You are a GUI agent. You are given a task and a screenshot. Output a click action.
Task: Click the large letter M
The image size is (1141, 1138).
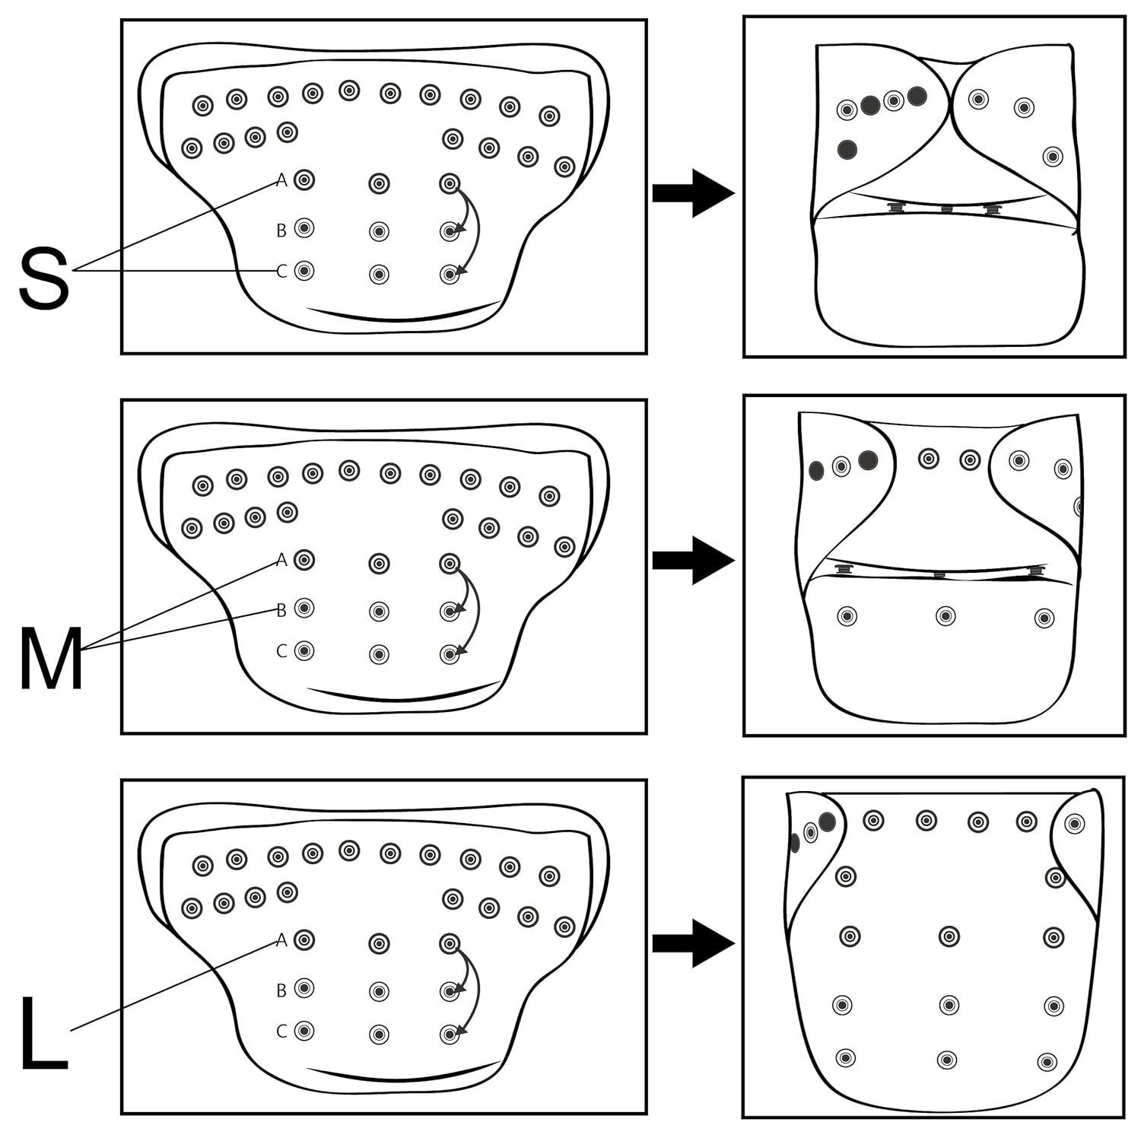point(51,658)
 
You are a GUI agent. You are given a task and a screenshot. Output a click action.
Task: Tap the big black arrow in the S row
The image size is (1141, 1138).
point(693,193)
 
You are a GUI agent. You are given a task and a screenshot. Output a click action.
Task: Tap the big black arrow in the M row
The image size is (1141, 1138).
point(693,561)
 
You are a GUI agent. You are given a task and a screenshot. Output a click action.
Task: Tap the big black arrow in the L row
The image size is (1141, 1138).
point(693,943)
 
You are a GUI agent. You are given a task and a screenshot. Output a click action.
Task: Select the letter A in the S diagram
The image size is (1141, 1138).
point(281,180)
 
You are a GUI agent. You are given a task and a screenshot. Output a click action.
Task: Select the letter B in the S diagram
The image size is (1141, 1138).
point(281,230)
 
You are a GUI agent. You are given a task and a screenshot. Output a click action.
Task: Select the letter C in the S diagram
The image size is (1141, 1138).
point(281,272)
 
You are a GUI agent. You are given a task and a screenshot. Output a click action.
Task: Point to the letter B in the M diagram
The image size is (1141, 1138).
point(281,609)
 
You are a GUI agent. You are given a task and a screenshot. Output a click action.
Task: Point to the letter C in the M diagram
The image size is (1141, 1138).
point(281,651)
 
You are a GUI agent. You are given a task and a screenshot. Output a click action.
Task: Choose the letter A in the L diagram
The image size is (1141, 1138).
point(281,940)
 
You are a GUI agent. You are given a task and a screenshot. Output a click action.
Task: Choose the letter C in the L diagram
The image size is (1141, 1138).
point(281,1031)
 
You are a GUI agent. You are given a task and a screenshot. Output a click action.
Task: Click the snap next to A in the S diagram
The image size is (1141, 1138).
point(304,180)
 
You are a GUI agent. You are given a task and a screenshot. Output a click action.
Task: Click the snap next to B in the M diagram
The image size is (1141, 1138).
point(304,608)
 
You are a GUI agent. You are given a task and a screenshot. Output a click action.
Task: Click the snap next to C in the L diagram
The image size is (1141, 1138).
point(304,1031)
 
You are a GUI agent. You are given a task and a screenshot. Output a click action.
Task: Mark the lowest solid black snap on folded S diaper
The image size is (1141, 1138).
point(847,149)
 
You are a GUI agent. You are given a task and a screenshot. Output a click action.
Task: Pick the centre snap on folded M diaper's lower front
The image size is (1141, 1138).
point(946,616)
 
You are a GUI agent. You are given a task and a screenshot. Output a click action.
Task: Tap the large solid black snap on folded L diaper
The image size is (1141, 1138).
point(827,822)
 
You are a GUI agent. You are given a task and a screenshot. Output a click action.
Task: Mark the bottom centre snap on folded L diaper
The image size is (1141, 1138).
point(946,1060)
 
